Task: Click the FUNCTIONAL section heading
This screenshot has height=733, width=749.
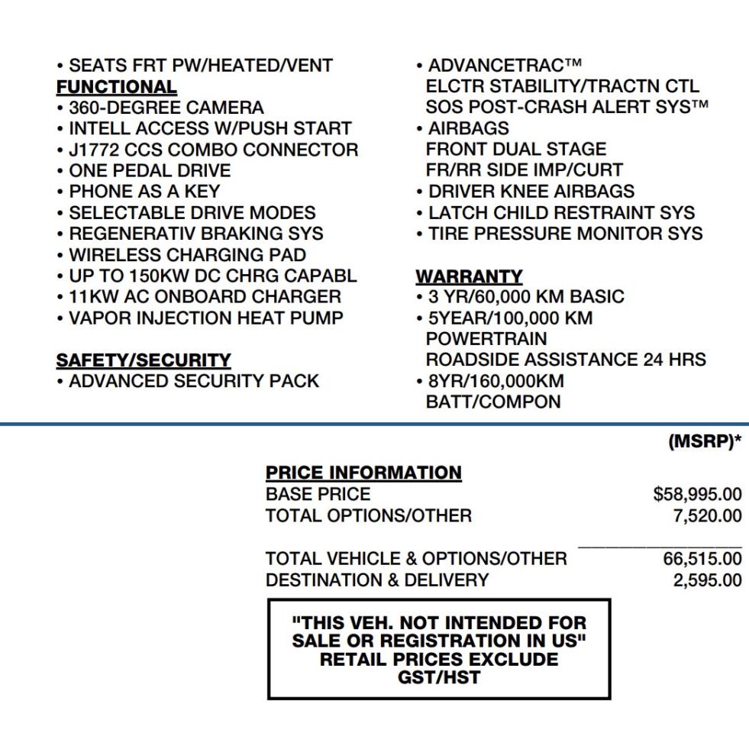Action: point(117,86)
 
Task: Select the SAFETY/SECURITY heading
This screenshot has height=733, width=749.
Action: point(144,360)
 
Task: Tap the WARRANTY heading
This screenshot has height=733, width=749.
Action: point(469,276)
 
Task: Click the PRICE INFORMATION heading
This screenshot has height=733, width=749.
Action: point(363,473)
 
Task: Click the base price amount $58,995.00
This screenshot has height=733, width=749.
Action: point(697,495)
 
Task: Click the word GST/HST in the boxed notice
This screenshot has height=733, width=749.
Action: point(438,676)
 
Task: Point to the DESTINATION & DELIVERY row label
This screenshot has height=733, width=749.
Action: point(377,580)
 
